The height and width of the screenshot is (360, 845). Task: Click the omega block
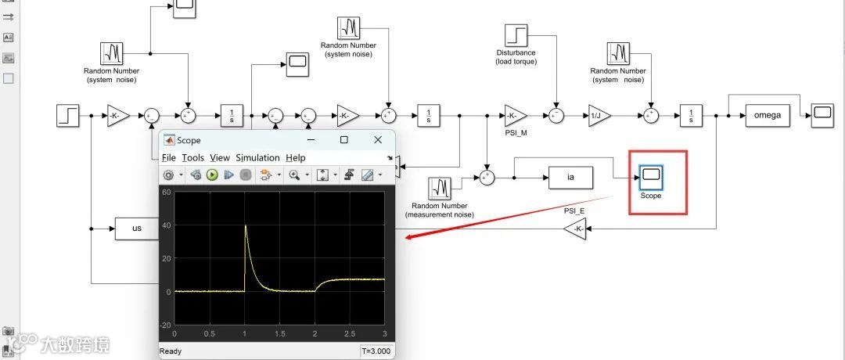[x=768, y=115]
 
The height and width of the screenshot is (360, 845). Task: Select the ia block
[x=570, y=178]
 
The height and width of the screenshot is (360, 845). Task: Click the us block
[x=136, y=229]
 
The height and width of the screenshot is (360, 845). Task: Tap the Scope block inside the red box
[x=651, y=178]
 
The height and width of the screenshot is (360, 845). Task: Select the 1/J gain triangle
[x=598, y=116]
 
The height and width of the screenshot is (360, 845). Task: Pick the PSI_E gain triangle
[x=575, y=229]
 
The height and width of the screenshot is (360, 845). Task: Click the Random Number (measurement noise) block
[x=440, y=188]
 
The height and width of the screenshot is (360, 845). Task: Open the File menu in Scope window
[x=168, y=157]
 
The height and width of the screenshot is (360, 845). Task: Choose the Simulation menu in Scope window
[x=257, y=157]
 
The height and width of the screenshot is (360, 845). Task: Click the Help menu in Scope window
[x=295, y=157]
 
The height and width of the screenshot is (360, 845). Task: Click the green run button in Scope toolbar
[x=212, y=175]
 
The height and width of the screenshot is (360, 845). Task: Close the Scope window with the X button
[x=378, y=140]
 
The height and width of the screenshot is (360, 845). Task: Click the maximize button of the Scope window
[x=343, y=140]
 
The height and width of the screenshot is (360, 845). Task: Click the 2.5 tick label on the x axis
[x=349, y=333]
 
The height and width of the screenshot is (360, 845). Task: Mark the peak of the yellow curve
[x=245, y=225]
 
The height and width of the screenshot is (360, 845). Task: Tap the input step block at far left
[x=68, y=116]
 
